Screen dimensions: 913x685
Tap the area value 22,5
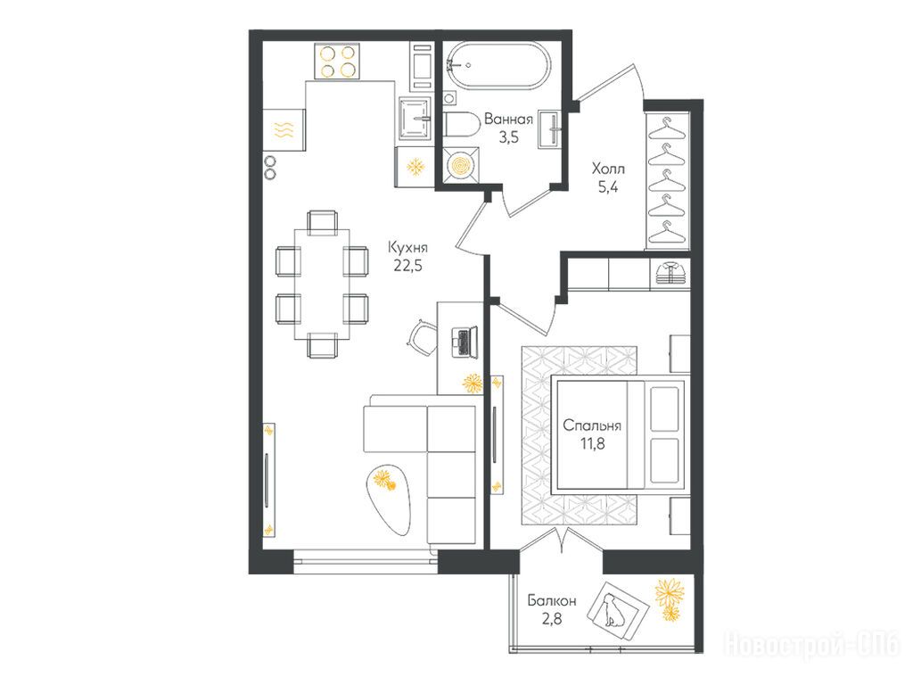pos(407,266)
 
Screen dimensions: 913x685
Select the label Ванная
pos(508,120)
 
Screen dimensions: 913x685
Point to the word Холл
pos(608,169)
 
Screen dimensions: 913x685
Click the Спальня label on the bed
pos(592,425)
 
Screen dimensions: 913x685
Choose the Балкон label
pos(552,600)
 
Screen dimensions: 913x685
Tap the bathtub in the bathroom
pos(498,65)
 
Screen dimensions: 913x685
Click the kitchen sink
pos(415,120)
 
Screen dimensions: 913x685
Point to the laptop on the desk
pos(465,342)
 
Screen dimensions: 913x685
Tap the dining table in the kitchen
pos(322,285)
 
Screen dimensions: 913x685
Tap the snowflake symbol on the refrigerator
pos(415,167)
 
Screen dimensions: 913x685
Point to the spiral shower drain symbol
pos(461,165)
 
